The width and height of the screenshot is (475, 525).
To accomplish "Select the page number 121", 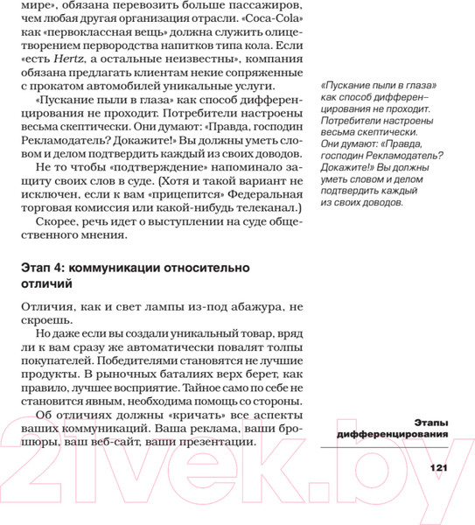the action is pyautogui.click(x=438, y=468).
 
